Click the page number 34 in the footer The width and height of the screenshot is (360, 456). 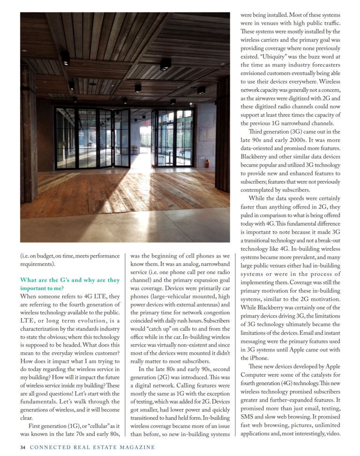pyautogui.click(x=22, y=447)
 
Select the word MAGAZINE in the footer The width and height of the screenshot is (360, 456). pyautogui.click(x=136, y=447)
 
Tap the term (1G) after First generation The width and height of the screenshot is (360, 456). pyautogui.click(x=73, y=426)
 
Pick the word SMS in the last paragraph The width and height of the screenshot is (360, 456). pyautogui.click(x=247, y=417)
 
